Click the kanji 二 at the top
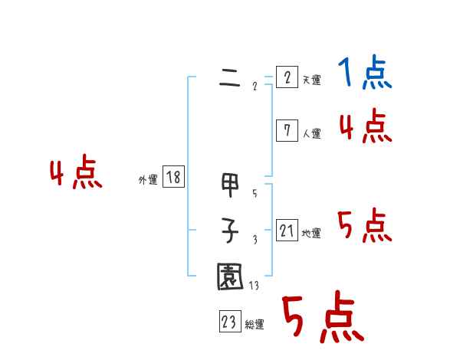pyautogui.click(x=229, y=78)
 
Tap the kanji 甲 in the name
pyautogui.click(x=229, y=186)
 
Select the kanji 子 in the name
pyautogui.click(x=229, y=231)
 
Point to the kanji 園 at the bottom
pyautogui.click(x=229, y=277)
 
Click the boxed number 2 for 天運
pyautogui.click(x=286, y=78)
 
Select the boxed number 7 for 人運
pyautogui.click(x=286, y=131)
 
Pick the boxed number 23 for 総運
pyautogui.click(x=229, y=322)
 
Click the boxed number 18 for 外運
pyautogui.click(x=173, y=178)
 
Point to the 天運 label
pyautogui.click(x=311, y=80)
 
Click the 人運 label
pyautogui.click(x=311, y=133)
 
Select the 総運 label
pyautogui.click(x=255, y=325)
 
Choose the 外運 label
pyautogui.click(x=147, y=181)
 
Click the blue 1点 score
pyautogui.click(x=365, y=74)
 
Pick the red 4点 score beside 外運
pyautogui.click(x=76, y=174)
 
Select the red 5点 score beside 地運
pyautogui.click(x=365, y=227)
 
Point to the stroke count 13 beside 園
pyautogui.click(x=255, y=287)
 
